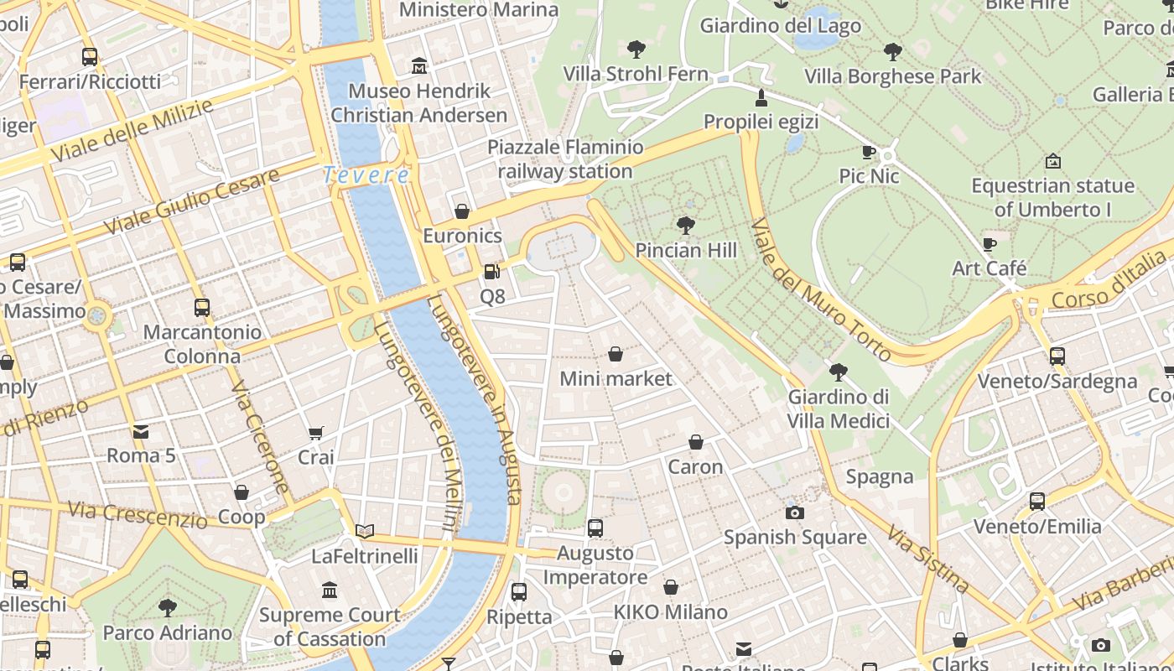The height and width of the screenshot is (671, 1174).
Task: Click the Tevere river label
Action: (366, 175)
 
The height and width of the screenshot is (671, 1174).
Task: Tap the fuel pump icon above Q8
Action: (492, 272)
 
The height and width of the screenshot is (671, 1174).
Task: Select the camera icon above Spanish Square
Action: (794, 512)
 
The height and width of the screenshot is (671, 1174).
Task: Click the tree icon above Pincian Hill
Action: (686, 225)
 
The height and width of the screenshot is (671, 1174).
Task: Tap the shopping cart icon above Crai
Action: (316, 433)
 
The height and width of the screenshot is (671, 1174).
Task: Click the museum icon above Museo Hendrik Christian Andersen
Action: (419, 65)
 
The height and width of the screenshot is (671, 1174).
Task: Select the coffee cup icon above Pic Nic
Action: (869, 152)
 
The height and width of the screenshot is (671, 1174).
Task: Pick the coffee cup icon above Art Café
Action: (990, 244)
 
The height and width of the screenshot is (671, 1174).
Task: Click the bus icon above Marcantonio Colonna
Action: (201, 307)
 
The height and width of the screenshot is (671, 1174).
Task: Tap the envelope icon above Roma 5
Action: (141, 432)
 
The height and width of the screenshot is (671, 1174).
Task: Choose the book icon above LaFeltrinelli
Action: (364, 531)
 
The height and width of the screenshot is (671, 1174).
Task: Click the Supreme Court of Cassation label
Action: (329, 627)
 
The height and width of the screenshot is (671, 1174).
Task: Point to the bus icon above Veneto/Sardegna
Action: (1057, 356)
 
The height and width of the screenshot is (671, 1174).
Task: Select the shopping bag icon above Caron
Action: (695, 442)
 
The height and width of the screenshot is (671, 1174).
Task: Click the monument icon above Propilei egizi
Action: (761, 97)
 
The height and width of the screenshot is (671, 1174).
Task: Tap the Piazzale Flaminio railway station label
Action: (565, 159)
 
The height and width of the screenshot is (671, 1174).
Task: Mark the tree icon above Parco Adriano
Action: (168, 607)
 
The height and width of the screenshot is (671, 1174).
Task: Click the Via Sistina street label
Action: (929, 560)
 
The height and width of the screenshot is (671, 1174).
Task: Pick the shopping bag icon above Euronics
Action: (461, 211)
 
